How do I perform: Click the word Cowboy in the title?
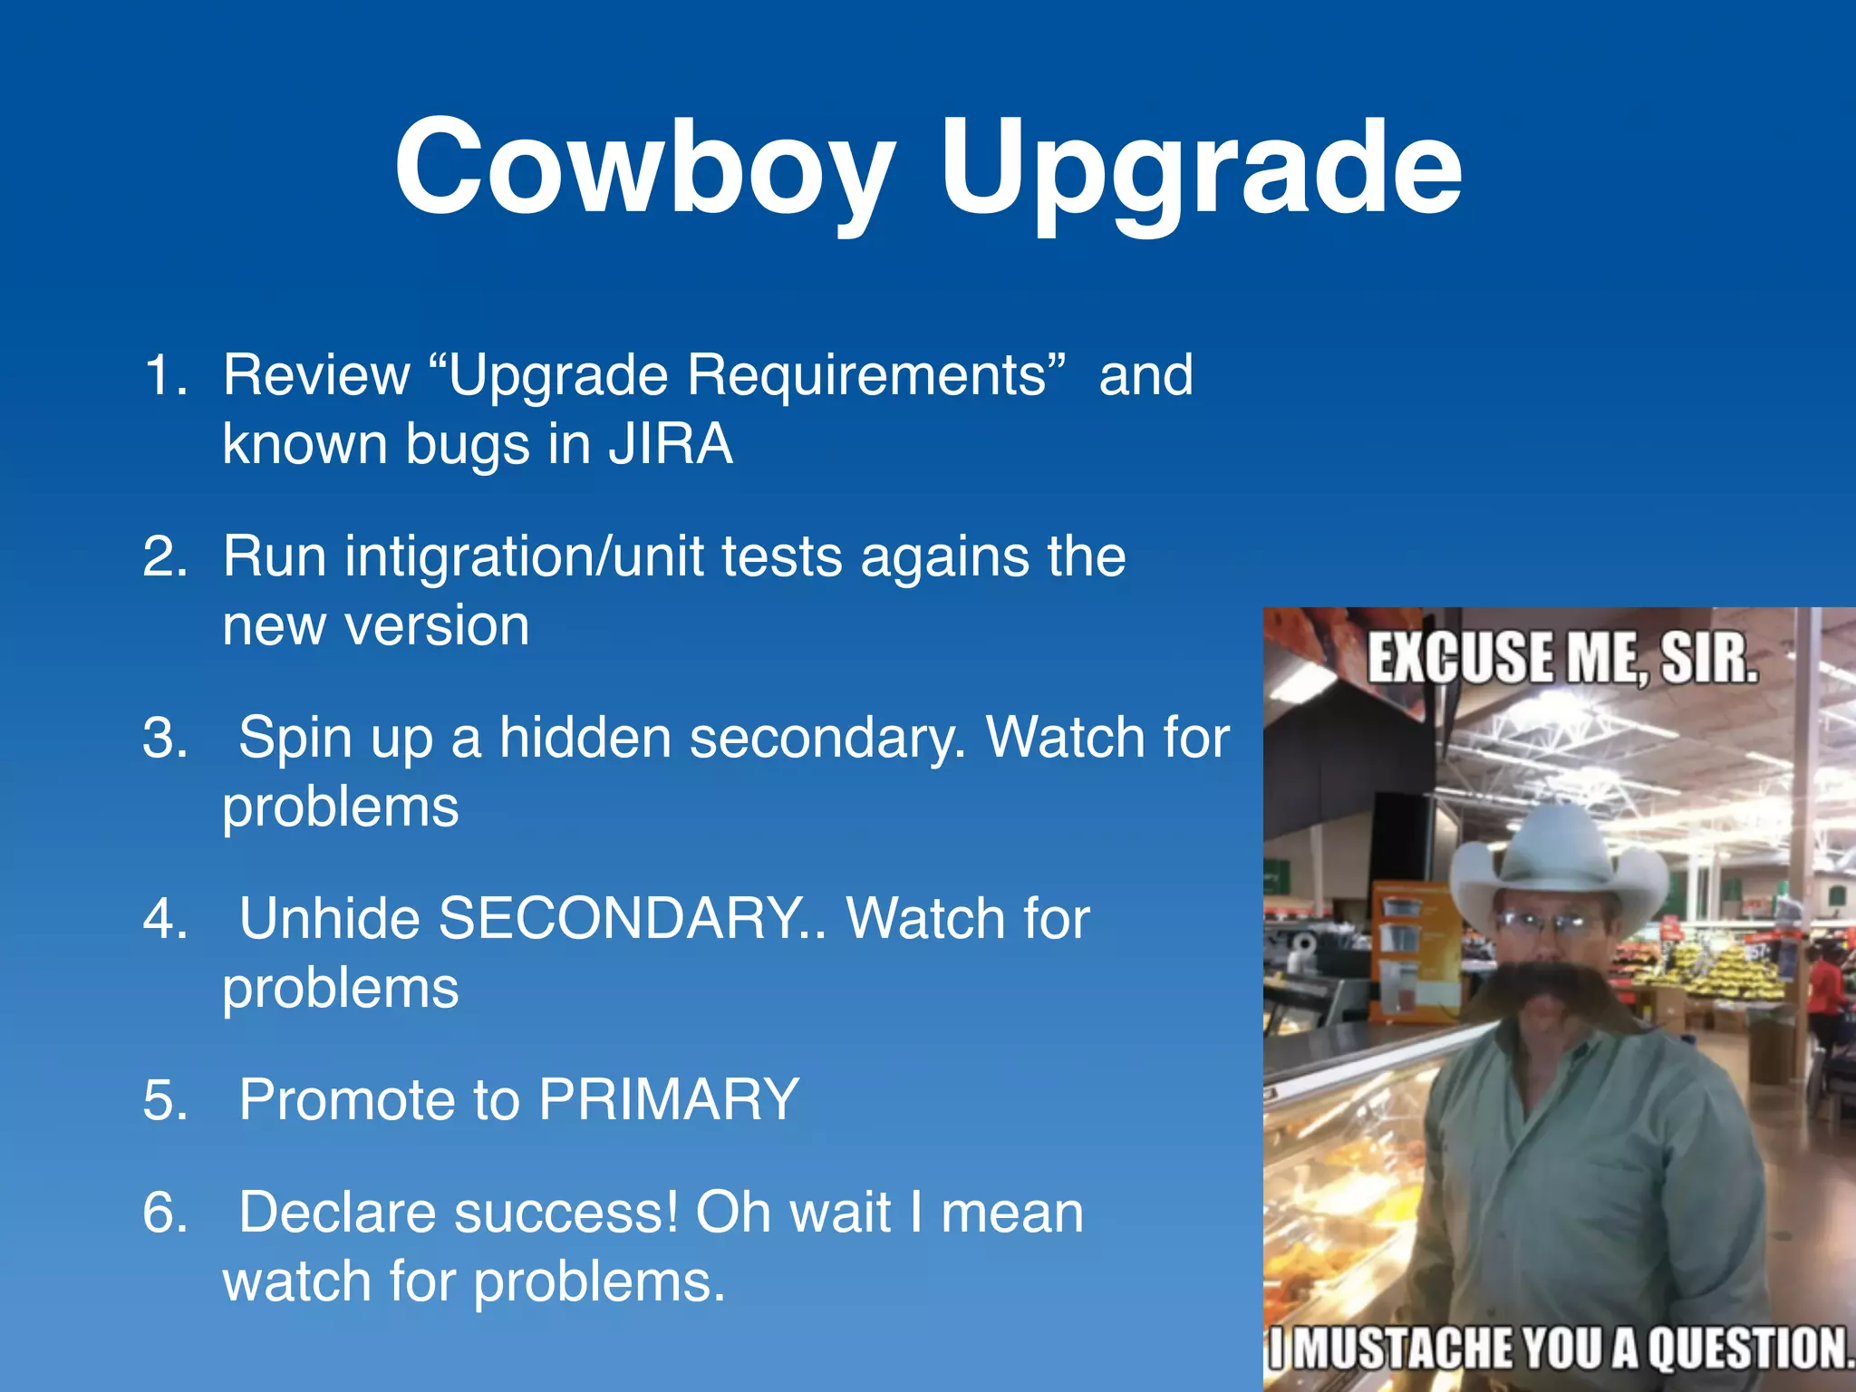pyautogui.click(x=644, y=168)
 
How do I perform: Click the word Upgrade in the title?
pyautogui.click(x=1200, y=172)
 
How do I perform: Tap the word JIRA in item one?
pyautogui.click(x=670, y=445)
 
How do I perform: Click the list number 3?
pyautogui.click(x=165, y=737)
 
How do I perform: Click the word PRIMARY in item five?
pyautogui.click(x=669, y=1099)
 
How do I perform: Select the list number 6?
pyautogui.click(x=165, y=1213)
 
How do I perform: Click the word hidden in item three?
pyautogui.click(x=585, y=737)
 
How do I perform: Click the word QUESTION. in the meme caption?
pyautogui.click(x=1749, y=1348)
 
